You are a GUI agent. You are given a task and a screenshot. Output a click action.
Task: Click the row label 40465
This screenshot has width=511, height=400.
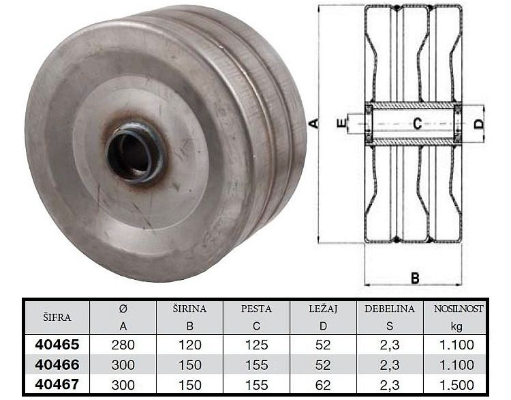point(57,345)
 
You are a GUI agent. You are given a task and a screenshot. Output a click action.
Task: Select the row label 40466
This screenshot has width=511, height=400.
point(57,365)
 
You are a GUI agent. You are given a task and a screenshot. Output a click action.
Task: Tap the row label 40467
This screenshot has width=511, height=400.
point(57,385)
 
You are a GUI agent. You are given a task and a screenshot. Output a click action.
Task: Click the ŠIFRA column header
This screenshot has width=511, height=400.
point(57,317)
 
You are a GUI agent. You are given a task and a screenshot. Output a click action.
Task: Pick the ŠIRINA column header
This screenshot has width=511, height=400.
point(189,309)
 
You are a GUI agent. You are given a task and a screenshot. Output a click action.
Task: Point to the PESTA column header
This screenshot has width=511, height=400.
point(256,309)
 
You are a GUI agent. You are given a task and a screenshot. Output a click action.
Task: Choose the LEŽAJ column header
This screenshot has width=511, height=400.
point(323,309)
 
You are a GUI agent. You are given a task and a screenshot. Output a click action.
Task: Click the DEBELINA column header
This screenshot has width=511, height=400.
point(390,309)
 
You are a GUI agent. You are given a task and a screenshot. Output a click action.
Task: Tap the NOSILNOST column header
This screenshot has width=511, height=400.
point(459,309)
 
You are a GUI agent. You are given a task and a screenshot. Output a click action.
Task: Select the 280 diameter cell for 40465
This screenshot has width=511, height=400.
point(123,345)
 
